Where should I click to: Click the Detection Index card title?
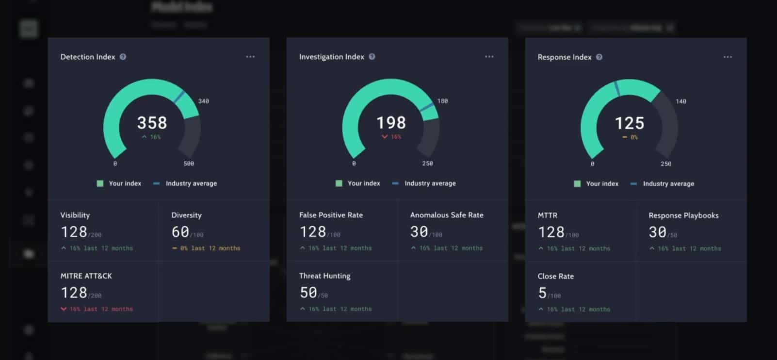87,57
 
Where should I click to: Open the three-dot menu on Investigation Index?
489,57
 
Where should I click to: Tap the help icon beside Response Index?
599,57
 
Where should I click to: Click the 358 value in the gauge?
152,123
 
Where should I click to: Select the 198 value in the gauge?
391,123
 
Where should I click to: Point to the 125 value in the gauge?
630,123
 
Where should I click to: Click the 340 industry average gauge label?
204,101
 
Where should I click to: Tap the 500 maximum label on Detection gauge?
189,164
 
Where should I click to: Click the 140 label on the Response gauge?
681,101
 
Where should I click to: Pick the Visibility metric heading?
75,215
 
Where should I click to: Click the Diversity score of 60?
180,232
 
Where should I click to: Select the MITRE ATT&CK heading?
86,276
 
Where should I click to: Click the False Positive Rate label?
331,215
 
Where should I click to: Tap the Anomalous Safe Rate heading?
447,215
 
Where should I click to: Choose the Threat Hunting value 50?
308,293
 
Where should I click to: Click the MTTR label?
547,215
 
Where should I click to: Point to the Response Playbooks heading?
683,215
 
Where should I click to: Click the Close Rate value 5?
542,293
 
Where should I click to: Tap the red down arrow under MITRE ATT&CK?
64,309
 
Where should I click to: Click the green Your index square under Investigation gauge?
339,183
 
